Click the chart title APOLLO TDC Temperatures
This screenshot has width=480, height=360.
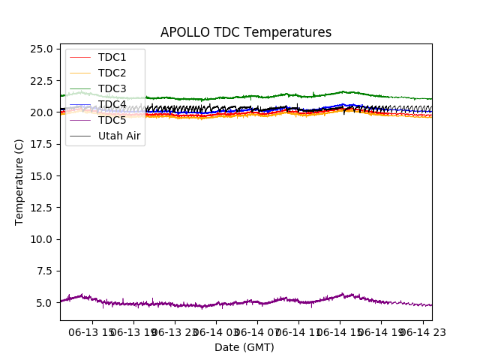tap(245, 32)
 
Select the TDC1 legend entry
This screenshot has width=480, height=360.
tap(112, 58)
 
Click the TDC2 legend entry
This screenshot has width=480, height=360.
tap(112, 73)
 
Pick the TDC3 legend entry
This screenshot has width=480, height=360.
tap(112, 89)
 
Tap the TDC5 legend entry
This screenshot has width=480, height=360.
tap(112, 121)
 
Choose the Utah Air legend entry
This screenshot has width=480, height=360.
tap(119, 136)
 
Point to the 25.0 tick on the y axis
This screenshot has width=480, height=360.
tap(42, 49)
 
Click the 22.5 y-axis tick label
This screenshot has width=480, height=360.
tap(42, 81)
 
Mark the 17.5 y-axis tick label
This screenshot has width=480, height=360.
tap(42, 144)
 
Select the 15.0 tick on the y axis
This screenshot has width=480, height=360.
tap(42, 176)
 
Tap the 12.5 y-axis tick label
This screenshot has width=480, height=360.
tap(42, 208)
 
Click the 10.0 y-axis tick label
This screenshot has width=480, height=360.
tap(42, 239)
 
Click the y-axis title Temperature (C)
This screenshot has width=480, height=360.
tap(19, 181)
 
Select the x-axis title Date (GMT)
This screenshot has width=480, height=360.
tap(244, 347)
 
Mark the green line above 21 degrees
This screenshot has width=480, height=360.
tap(225, 97)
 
